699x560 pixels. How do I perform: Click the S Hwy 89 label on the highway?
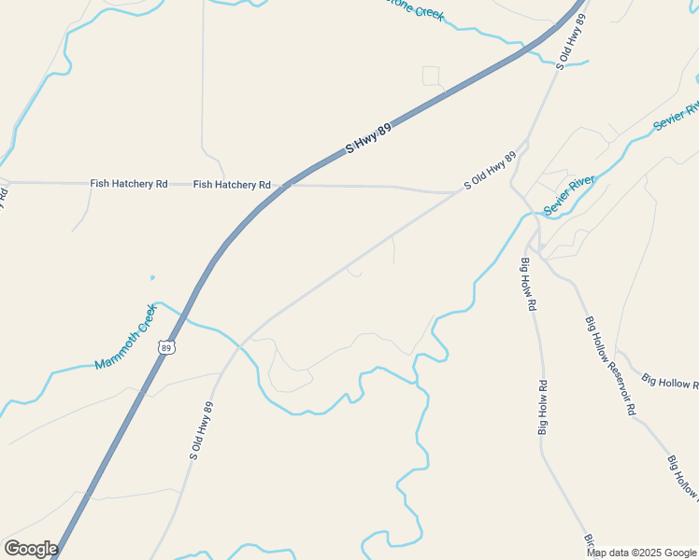click(368, 137)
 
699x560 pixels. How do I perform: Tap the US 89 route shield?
click(166, 347)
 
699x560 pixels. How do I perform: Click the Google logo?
click(31, 549)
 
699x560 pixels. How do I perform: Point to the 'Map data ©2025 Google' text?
click(642, 553)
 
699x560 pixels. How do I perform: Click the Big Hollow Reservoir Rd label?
click(611, 365)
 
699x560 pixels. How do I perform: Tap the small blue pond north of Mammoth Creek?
click(151, 277)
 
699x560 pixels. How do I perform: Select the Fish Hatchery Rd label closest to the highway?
click(232, 185)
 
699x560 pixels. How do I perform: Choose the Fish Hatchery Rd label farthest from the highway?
click(129, 184)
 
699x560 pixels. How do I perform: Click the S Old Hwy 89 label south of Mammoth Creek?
click(202, 430)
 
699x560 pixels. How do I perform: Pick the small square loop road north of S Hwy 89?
click(431, 75)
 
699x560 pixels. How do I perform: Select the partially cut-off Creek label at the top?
click(418, 11)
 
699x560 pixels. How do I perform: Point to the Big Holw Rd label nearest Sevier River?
click(529, 283)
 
